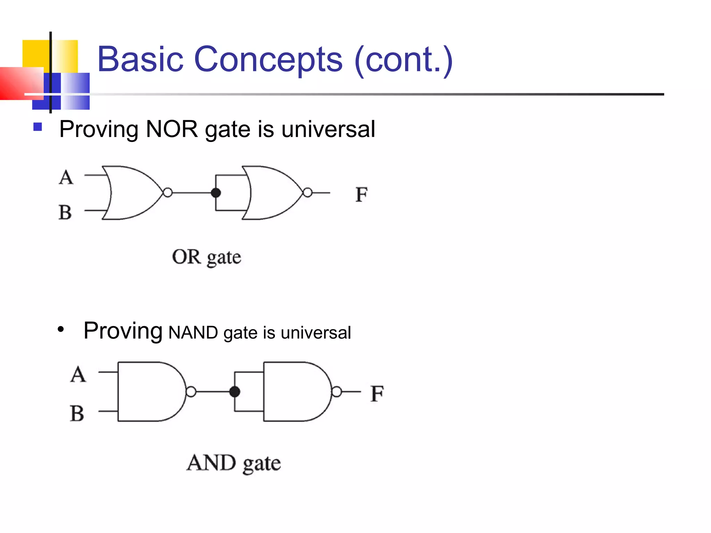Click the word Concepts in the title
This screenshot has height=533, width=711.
point(268,60)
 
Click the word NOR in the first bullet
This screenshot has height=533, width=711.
point(172,129)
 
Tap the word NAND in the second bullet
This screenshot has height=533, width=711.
point(193,332)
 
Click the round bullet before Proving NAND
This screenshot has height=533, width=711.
point(61,329)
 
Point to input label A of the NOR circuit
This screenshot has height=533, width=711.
point(66,177)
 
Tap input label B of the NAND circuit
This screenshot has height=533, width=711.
point(77,413)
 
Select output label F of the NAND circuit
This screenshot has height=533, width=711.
point(377,394)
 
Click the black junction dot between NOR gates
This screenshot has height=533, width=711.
point(216,193)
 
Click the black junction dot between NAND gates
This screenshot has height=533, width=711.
point(235,392)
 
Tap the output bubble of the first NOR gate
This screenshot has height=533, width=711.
point(168,193)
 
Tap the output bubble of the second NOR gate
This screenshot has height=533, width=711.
point(308,193)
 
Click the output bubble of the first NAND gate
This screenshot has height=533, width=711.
point(191,392)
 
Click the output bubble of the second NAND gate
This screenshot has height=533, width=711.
point(336,392)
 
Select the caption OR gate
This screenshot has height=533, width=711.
point(207,257)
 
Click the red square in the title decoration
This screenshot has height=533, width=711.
point(21,83)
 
